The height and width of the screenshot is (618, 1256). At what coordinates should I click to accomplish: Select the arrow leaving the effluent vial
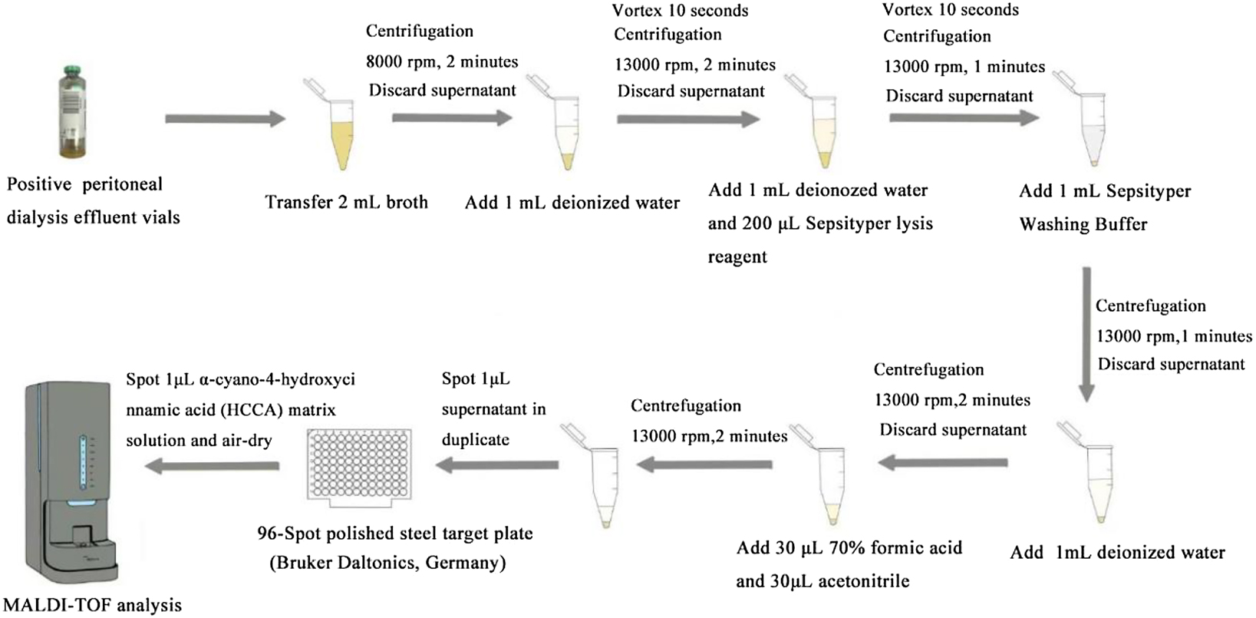(x=225, y=119)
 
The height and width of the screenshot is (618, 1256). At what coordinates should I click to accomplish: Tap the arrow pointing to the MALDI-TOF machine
(x=213, y=465)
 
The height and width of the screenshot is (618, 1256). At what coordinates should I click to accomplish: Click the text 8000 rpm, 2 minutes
(x=442, y=61)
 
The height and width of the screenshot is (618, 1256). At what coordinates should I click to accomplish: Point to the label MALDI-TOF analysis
(x=93, y=605)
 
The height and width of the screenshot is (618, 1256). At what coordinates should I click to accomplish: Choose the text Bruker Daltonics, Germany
(x=387, y=563)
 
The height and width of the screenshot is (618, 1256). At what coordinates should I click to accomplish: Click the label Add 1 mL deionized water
(x=572, y=203)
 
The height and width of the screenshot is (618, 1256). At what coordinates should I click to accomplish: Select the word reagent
(x=737, y=257)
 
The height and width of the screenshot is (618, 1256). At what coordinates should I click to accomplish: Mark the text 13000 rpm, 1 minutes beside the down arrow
(x=1173, y=335)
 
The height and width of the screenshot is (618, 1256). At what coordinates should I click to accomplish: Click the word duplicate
(x=475, y=440)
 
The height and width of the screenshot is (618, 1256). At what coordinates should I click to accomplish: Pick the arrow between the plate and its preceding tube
(x=497, y=464)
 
